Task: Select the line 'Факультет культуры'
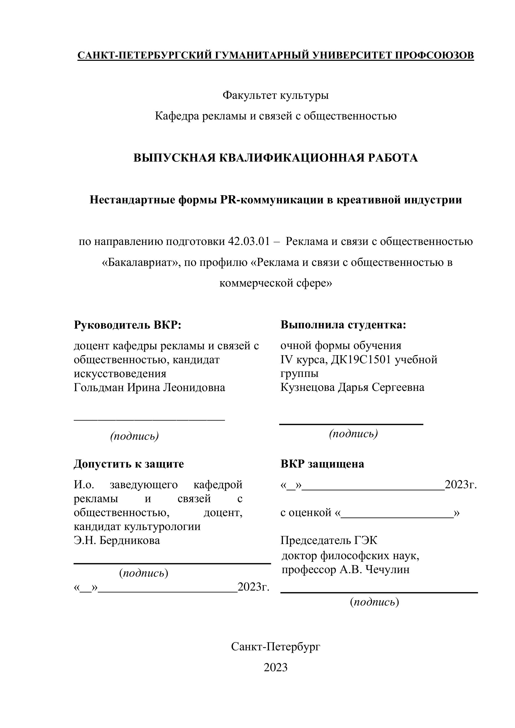click(x=276, y=95)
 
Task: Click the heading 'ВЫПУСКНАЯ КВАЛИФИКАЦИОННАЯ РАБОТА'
click(x=276, y=158)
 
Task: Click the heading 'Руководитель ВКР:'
click(x=128, y=325)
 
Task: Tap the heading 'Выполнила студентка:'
click(x=343, y=325)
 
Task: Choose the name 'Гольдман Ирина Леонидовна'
click(x=149, y=387)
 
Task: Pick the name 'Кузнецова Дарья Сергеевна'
click(x=352, y=387)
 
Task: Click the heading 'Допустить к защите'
click(x=129, y=464)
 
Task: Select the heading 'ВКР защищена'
click(x=322, y=464)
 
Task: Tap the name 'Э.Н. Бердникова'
click(x=117, y=540)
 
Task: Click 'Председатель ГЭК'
click(x=329, y=540)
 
